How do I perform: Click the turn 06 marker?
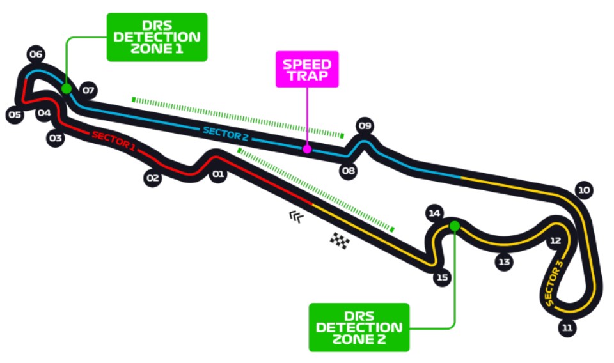[x=36, y=54]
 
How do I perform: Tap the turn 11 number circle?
[x=567, y=328]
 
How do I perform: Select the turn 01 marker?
[x=218, y=174]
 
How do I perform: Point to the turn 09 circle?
[x=365, y=126]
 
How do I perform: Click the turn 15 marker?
[x=442, y=277]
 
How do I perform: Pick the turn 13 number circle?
[x=505, y=261]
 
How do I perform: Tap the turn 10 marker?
[x=584, y=190]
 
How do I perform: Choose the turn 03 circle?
[x=56, y=138]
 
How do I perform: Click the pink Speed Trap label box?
[x=307, y=69]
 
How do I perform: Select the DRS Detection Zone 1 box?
[x=157, y=37]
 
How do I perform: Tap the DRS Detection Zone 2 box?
[x=359, y=327]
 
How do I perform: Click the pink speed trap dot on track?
[x=307, y=149]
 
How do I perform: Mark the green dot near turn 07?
[x=67, y=89]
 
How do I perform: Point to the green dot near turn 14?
[x=454, y=226]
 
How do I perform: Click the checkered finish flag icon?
[x=340, y=240]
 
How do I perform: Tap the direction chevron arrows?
[x=296, y=216]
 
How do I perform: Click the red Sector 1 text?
[x=114, y=141]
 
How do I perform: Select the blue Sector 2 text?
[x=226, y=134]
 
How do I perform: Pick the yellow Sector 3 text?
[x=554, y=282]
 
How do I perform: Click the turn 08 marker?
[x=348, y=171]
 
